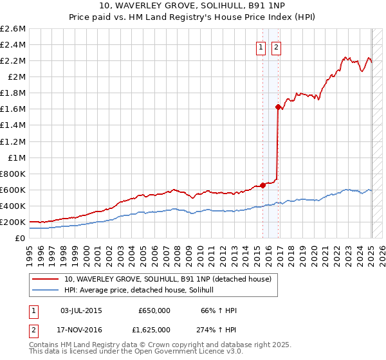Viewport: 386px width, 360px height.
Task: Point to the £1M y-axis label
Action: pos(16,157)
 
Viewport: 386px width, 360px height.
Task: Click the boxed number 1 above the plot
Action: pos(261,47)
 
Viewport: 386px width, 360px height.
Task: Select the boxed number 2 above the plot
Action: pos(276,47)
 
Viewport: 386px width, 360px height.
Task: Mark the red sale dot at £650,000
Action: pos(263,186)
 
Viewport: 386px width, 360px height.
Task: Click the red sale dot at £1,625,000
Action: pos(278,107)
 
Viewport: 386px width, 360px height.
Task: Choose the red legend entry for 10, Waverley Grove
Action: pos(167,279)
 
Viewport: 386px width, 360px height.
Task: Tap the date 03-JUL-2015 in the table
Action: pos(80,310)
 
